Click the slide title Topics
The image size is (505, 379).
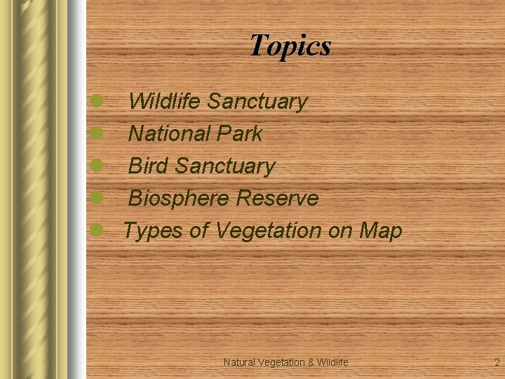pyautogui.click(x=290, y=46)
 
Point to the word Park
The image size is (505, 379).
pyautogui.click(x=238, y=133)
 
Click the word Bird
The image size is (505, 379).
pyautogui.click(x=149, y=166)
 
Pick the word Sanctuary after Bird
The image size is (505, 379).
pyautogui.click(x=225, y=166)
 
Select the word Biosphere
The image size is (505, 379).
pyautogui.click(x=180, y=199)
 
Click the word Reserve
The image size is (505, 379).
pyautogui.click(x=277, y=199)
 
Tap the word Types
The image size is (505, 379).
pyautogui.click(x=154, y=230)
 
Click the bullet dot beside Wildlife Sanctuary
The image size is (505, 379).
pyautogui.click(x=97, y=101)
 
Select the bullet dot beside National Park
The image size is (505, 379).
pyautogui.click(x=97, y=133)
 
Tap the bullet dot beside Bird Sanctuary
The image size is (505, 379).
pyautogui.click(x=97, y=165)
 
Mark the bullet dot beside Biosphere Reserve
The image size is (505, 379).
pyautogui.click(x=97, y=197)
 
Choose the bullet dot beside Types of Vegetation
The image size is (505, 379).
pyautogui.click(x=97, y=230)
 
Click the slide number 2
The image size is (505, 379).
pyautogui.click(x=497, y=362)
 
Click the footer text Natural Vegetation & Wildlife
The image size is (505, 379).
pyautogui.click(x=285, y=362)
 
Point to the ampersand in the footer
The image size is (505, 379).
pyautogui.click(x=310, y=362)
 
